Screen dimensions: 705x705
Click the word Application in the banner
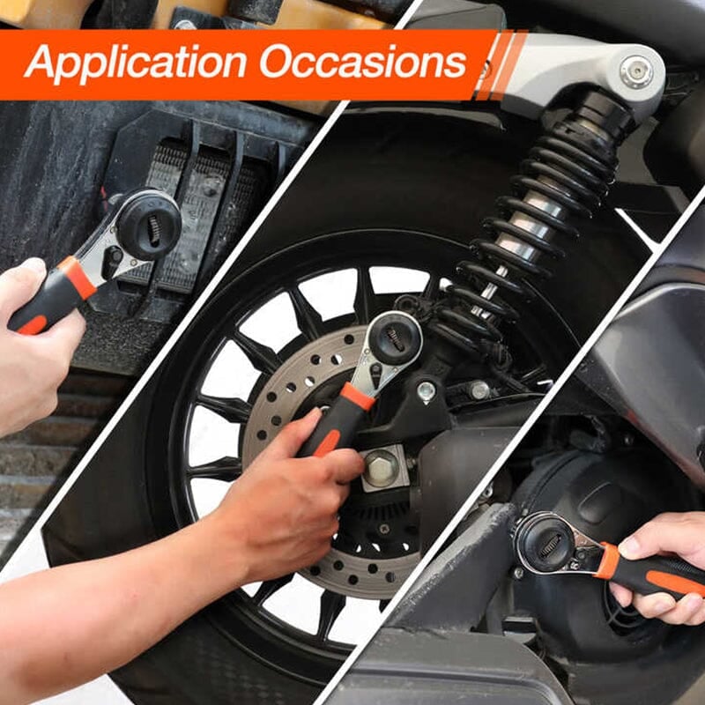[132, 63]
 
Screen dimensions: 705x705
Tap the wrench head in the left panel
[148, 226]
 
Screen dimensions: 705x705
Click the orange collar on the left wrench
[78, 278]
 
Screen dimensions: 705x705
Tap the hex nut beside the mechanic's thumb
[382, 468]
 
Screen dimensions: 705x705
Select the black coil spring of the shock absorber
[529, 220]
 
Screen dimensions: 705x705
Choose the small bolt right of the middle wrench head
[427, 390]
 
